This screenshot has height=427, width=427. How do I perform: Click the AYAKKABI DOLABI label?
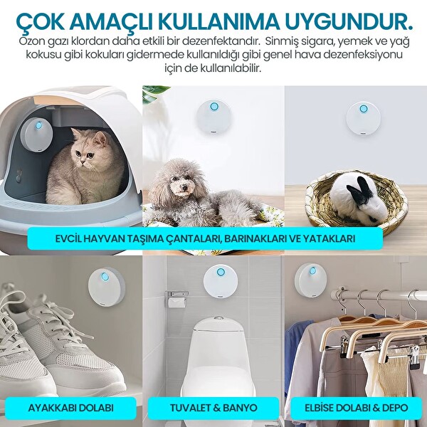(70, 408)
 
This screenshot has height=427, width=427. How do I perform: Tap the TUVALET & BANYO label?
(213, 408)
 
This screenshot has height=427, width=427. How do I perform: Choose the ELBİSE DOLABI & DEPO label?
(355, 408)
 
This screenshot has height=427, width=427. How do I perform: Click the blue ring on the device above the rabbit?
(364, 109)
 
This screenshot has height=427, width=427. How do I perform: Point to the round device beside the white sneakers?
(106, 285)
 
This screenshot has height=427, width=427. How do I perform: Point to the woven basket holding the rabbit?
(356, 213)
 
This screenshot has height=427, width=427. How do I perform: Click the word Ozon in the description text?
(33, 41)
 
